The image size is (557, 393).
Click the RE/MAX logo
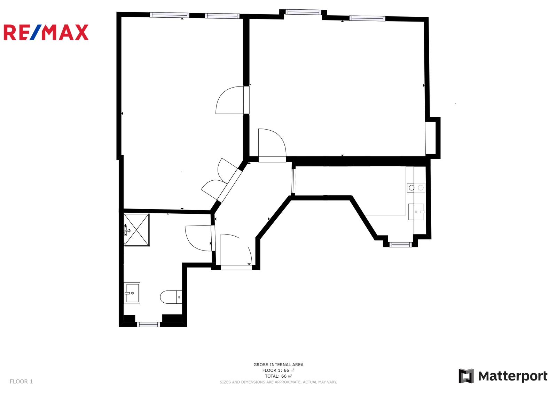tap(46, 32)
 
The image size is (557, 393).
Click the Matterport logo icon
tap(466, 376)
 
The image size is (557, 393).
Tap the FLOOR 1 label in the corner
tap(21, 381)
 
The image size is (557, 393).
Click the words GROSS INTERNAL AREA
tap(278, 365)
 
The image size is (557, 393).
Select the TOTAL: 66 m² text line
tap(278, 376)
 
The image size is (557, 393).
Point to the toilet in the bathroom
tap(171, 297)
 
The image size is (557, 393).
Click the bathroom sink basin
tap(132, 293)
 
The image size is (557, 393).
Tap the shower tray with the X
tap(136, 230)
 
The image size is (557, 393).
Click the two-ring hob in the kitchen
tap(416, 188)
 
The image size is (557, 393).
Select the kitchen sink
tap(416, 212)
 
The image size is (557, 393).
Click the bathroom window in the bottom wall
tap(148, 324)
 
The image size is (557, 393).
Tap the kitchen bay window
tap(401, 245)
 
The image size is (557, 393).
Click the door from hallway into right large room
tap(272, 146)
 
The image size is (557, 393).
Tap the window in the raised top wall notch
tap(303, 12)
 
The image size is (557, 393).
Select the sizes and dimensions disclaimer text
tap(278, 382)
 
